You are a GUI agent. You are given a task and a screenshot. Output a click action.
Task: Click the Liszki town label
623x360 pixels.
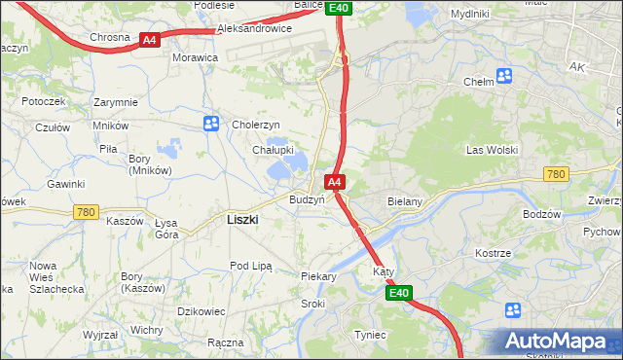241,220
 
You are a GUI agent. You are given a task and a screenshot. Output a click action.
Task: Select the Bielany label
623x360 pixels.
403,201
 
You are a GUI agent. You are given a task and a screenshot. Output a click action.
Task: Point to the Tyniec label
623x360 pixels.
370,335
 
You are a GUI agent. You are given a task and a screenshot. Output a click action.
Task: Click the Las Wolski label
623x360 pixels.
492,150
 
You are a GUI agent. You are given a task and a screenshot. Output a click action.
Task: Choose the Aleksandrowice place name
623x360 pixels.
254,29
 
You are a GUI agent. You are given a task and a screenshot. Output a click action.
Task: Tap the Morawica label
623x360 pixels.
195,58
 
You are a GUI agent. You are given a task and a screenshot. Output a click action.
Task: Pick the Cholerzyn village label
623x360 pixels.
255,125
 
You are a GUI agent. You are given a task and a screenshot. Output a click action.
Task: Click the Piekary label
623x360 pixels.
318,276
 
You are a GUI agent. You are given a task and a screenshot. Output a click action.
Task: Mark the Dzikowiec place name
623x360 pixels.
202,310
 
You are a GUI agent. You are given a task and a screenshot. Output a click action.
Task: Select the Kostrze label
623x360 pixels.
493,253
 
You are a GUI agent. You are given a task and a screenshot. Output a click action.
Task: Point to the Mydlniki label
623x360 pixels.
471,14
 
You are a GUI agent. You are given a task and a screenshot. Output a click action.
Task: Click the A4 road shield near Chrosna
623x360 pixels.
149,40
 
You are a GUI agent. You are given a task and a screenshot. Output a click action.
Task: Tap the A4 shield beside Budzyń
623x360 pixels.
334,182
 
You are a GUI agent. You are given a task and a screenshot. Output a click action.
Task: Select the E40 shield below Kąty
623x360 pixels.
398,292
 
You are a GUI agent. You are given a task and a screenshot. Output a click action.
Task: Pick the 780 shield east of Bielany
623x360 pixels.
555,174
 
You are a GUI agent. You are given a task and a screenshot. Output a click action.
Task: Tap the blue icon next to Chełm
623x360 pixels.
504,76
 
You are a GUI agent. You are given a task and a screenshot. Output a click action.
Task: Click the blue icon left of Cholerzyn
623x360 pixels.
211,124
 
